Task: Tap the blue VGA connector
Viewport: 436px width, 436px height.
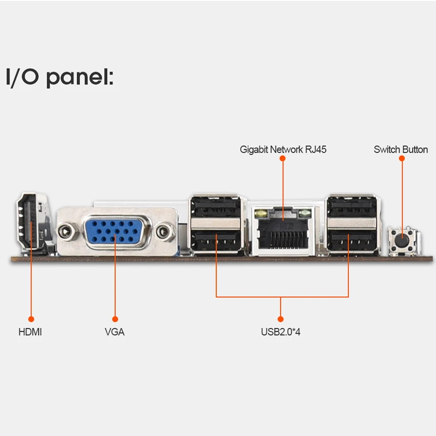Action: click(x=115, y=232)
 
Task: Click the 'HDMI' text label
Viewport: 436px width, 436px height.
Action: click(x=30, y=332)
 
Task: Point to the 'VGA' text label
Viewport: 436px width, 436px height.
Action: click(x=115, y=332)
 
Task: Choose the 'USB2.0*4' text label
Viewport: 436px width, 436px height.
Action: click(x=280, y=332)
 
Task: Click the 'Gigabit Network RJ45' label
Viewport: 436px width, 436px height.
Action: click(x=283, y=150)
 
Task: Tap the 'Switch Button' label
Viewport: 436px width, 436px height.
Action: click(x=401, y=150)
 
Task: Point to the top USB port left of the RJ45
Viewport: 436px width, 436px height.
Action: click(x=215, y=206)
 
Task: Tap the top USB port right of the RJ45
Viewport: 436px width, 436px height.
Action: click(x=351, y=206)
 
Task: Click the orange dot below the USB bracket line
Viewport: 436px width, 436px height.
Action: click(x=280, y=319)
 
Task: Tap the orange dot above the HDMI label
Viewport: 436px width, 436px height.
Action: click(x=31, y=319)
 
